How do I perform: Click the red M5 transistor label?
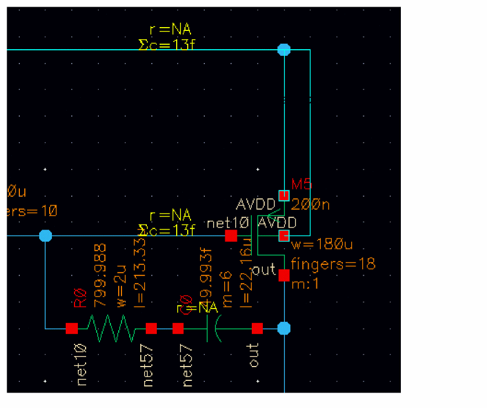point(303,184)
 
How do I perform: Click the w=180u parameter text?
point(322,244)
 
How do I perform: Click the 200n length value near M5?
point(310,205)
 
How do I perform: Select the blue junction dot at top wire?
point(284,50)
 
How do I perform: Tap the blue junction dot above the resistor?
point(46,236)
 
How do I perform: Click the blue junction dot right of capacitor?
point(284,328)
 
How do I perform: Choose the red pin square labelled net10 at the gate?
point(231,236)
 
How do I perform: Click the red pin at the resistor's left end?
point(72,328)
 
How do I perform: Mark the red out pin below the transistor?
point(284,275)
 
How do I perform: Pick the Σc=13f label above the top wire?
point(166,44)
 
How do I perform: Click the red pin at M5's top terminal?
point(284,195)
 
